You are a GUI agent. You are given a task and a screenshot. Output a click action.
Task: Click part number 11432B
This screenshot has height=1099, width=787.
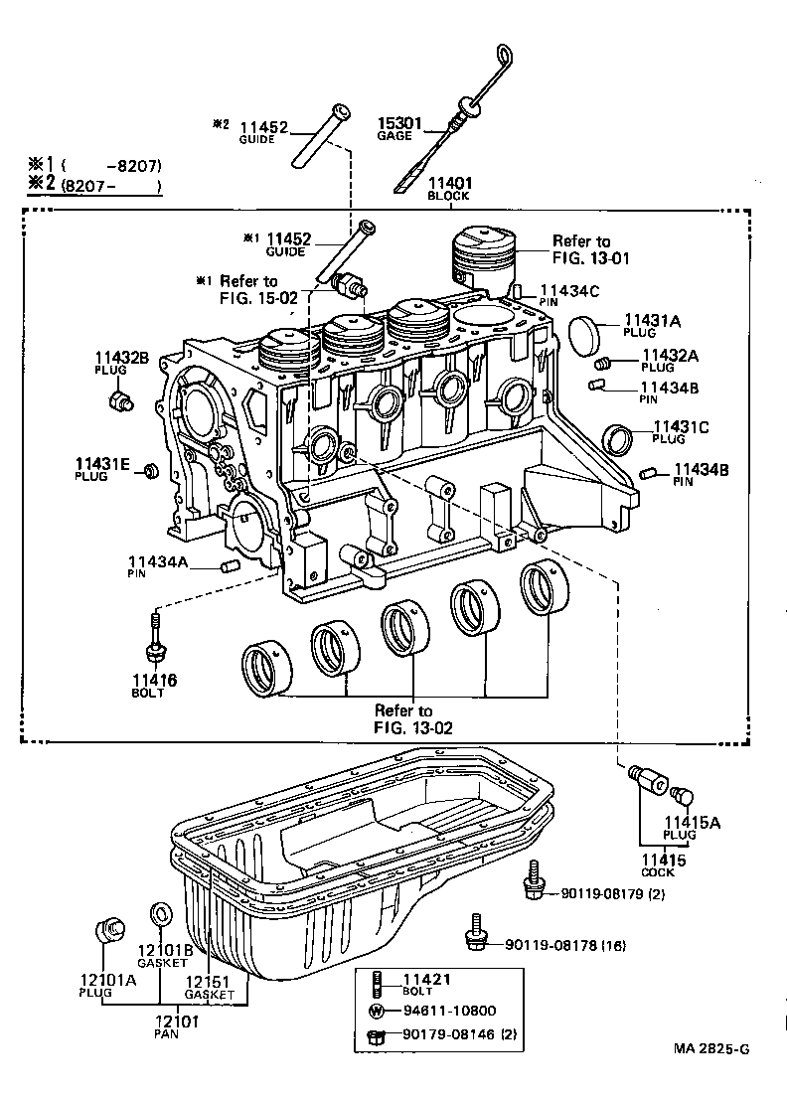point(122,358)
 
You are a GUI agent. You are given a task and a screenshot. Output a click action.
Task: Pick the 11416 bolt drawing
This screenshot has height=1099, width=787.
point(155,639)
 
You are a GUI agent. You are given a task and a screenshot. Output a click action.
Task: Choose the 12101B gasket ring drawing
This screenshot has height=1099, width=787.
point(159,913)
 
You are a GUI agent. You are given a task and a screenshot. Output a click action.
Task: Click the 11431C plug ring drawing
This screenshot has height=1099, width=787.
point(619,438)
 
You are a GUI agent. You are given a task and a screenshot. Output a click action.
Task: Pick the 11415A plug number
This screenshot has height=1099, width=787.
point(694,823)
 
